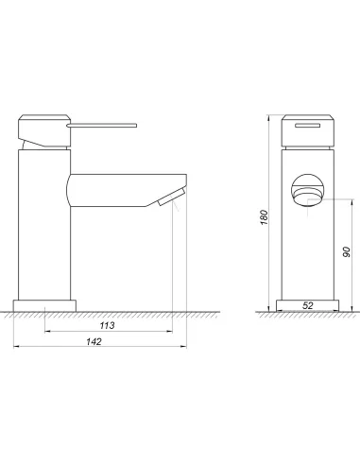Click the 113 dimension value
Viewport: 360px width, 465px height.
pos(107,325)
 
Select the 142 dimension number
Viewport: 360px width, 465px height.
pos(94,341)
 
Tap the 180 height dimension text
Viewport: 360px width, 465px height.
pos(265,217)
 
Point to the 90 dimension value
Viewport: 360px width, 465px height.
pos(346,251)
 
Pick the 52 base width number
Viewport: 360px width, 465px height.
pos(308,305)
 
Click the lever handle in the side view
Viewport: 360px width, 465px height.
pos(102,126)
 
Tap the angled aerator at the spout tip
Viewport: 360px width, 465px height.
pos(171,197)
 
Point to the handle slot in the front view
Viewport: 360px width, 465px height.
pos(308,126)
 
